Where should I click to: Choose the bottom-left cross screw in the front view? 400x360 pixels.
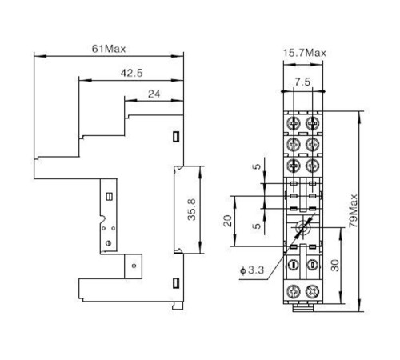click(x=294, y=291)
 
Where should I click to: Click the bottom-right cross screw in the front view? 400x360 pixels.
click(x=312, y=291)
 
